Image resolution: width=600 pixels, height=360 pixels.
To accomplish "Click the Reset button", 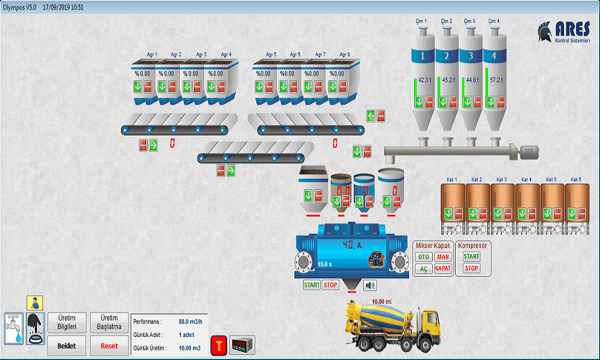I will [x=109, y=346].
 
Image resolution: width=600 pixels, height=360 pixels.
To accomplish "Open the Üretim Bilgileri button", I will [x=71, y=323].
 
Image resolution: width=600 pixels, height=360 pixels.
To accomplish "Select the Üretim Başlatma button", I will [x=109, y=323].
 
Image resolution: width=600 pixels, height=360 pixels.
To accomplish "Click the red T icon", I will [x=218, y=346].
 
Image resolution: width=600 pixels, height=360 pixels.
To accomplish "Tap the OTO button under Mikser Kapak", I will [x=423, y=257].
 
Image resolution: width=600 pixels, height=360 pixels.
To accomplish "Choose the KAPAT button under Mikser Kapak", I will [x=443, y=268].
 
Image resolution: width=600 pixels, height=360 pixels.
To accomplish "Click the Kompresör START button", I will [x=472, y=257].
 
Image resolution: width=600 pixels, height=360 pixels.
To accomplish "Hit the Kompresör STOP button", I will [x=472, y=268].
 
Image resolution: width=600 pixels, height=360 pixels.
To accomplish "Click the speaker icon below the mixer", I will [x=370, y=285].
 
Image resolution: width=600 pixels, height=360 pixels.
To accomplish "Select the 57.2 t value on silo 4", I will [x=496, y=80].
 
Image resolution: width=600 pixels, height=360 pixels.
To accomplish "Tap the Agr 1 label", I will [x=152, y=55].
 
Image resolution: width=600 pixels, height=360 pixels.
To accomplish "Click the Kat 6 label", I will [x=576, y=179].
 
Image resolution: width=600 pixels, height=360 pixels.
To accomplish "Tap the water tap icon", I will [x=14, y=328].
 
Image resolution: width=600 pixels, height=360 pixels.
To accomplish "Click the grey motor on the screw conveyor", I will [x=530, y=151].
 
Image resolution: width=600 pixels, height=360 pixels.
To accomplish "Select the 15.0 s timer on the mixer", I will [x=324, y=265].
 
